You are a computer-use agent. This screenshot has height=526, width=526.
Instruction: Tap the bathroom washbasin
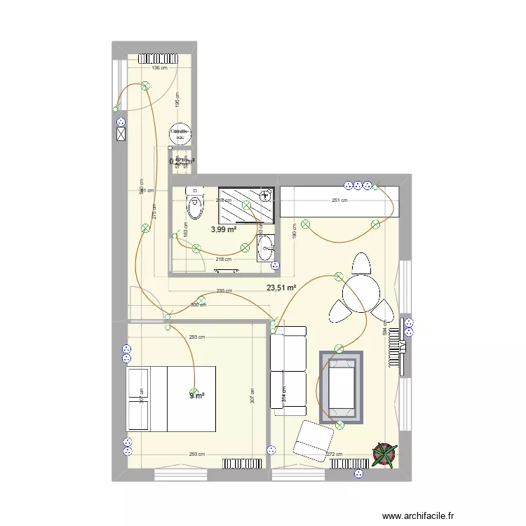click(266, 248)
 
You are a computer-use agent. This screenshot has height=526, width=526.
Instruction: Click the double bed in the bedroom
click(170, 398)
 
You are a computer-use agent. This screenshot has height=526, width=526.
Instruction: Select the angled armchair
click(313, 441)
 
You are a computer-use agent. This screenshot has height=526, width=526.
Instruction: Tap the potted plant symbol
click(384, 454)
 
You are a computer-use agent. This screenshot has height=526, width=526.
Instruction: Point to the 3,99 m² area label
click(224, 229)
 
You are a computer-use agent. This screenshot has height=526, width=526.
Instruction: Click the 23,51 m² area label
click(281, 287)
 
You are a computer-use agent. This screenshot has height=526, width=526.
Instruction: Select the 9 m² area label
click(197, 396)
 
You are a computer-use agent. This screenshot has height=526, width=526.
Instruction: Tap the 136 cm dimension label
click(160, 68)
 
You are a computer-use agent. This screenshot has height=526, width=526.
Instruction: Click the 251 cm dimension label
click(339, 201)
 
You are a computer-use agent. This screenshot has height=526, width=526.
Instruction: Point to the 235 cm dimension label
click(224, 291)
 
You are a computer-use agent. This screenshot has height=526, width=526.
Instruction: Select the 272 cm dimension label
click(335, 454)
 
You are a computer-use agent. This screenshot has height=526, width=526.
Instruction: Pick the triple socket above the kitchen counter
click(357, 186)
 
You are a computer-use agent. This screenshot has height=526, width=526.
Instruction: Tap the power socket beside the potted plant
click(359, 474)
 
